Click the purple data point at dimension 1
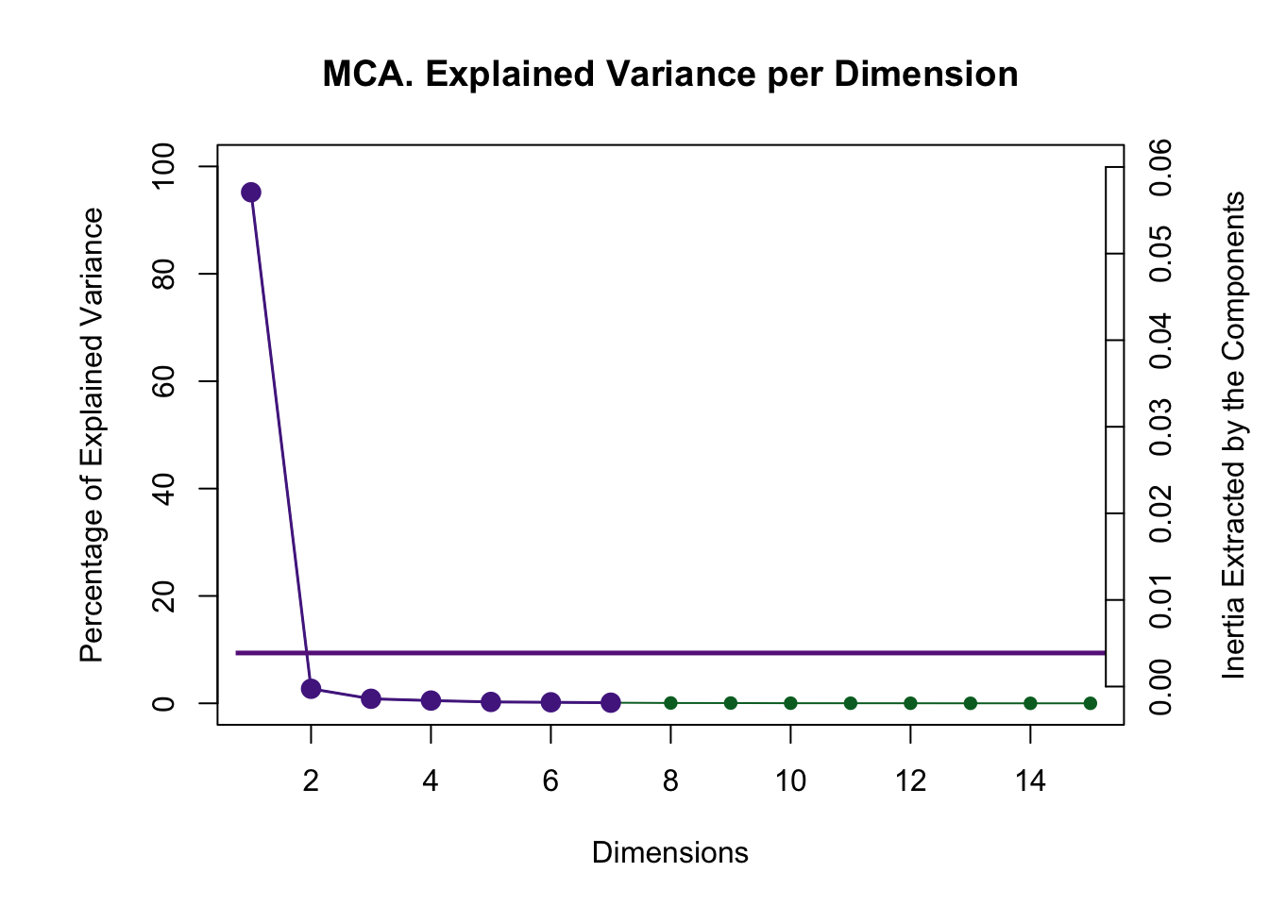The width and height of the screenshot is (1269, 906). (251, 193)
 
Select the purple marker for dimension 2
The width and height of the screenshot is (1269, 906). (311, 689)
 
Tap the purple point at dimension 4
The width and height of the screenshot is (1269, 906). (431, 700)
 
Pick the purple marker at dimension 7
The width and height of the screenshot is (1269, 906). (611, 702)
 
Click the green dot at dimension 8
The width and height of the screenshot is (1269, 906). (670, 703)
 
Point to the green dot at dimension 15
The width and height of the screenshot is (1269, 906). (1090, 703)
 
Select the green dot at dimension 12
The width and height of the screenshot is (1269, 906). (910, 703)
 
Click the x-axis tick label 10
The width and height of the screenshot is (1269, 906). (790, 781)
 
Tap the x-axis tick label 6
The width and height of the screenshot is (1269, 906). (550, 781)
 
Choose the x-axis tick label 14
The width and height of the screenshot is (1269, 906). (1030, 781)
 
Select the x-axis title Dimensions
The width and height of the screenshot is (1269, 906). (669, 853)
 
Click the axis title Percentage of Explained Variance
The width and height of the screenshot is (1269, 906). (92, 435)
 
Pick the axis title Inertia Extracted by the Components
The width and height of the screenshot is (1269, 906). (1233, 435)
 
